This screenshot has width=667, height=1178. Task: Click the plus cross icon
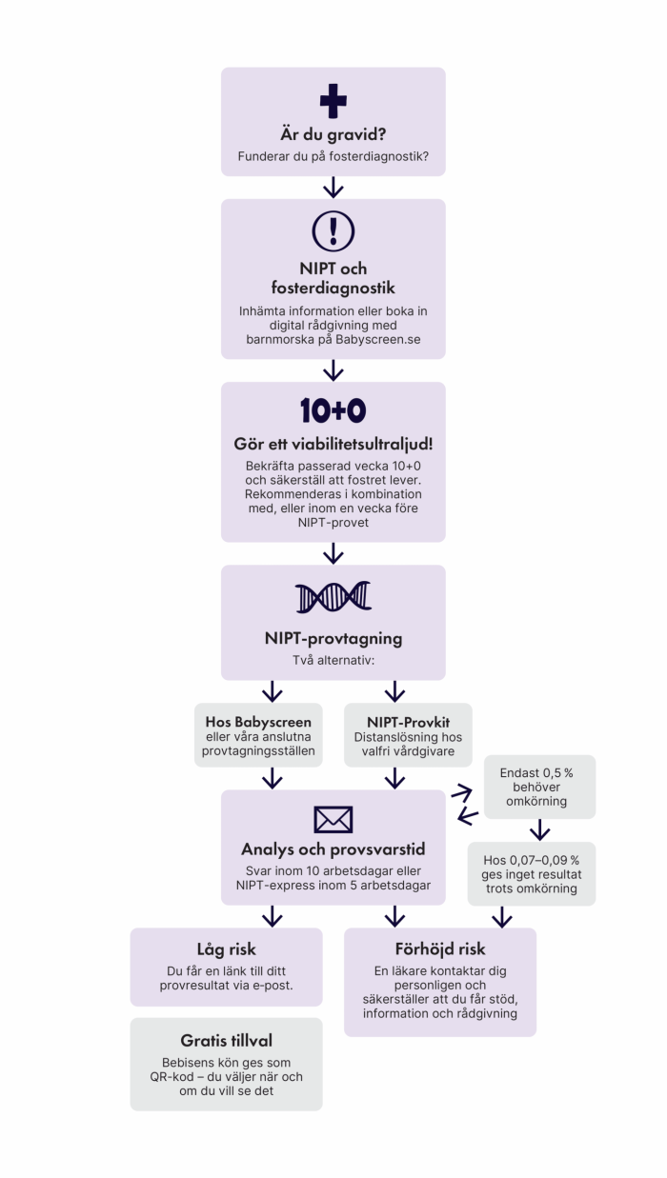[333, 102]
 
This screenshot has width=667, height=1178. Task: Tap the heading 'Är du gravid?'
[333, 134]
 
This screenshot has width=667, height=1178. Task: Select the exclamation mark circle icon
[333, 231]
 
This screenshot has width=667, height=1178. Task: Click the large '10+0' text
[333, 410]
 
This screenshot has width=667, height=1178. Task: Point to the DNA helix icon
[333, 597]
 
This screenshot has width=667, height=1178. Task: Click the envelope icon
[333, 819]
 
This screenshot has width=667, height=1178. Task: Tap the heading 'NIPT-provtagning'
[333, 638]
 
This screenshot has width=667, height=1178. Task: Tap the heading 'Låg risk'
[226, 949]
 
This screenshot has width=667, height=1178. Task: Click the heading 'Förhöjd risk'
[439, 949]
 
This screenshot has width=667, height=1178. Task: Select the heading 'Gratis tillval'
[226, 1040]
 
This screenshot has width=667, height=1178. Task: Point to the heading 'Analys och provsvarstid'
[333, 849]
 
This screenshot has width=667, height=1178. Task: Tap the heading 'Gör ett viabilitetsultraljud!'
[333, 445]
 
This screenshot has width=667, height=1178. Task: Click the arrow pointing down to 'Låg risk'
[273, 916]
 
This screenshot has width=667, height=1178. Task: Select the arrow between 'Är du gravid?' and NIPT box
[333, 187]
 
